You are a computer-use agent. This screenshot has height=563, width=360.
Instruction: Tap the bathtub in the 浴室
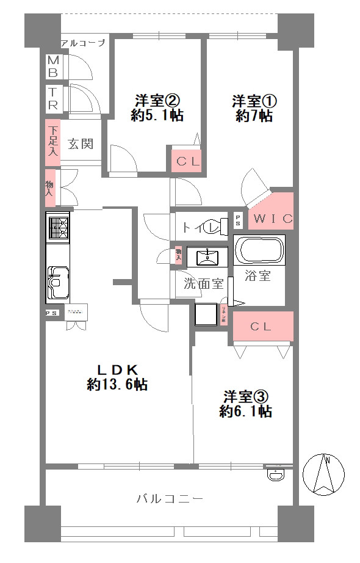point(260,251)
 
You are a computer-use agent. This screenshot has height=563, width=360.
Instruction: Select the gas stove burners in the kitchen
point(59,230)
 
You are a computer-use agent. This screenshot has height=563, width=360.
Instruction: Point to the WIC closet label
point(273,219)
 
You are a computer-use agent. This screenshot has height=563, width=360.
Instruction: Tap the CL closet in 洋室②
point(185,161)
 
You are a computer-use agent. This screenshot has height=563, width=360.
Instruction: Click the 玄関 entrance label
point(80,144)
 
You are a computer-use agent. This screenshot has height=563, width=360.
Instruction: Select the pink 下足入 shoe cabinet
point(53,141)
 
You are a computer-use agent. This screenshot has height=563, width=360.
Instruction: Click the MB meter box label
point(53,66)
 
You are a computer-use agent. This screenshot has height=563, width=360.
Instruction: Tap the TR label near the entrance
point(53,98)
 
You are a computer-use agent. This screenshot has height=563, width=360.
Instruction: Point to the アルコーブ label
point(84,43)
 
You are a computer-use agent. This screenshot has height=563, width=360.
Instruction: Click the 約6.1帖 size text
point(246,412)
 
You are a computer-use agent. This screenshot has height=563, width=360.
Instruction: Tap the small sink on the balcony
point(276,473)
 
